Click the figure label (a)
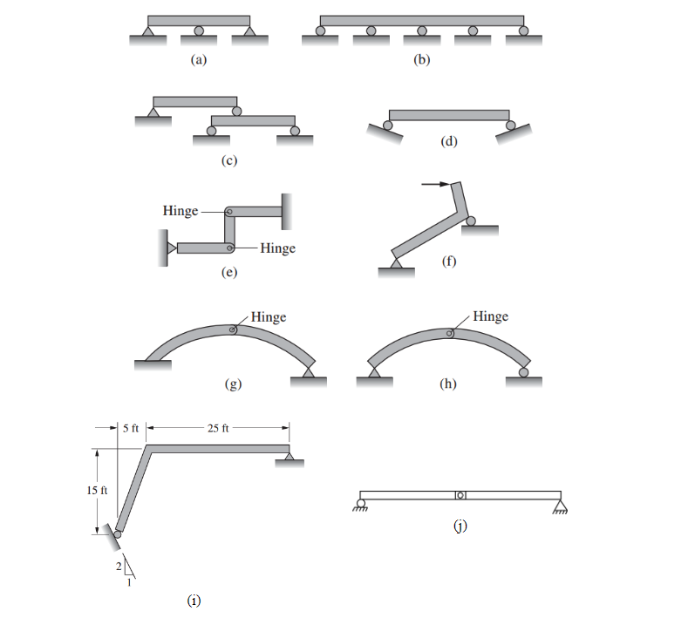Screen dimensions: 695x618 (199, 59)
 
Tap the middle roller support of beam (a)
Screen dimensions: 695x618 (199, 31)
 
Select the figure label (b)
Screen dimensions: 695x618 (421, 59)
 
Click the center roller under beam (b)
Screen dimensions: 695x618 (422, 31)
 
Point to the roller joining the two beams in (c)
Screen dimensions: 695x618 (237, 112)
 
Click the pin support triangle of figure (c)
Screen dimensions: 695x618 (153, 112)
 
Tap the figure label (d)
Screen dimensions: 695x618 (448, 141)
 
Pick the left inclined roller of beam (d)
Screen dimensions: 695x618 (388, 126)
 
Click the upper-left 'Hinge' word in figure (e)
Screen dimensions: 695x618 (181, 210)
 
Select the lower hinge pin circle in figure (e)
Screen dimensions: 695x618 (229, 248)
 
